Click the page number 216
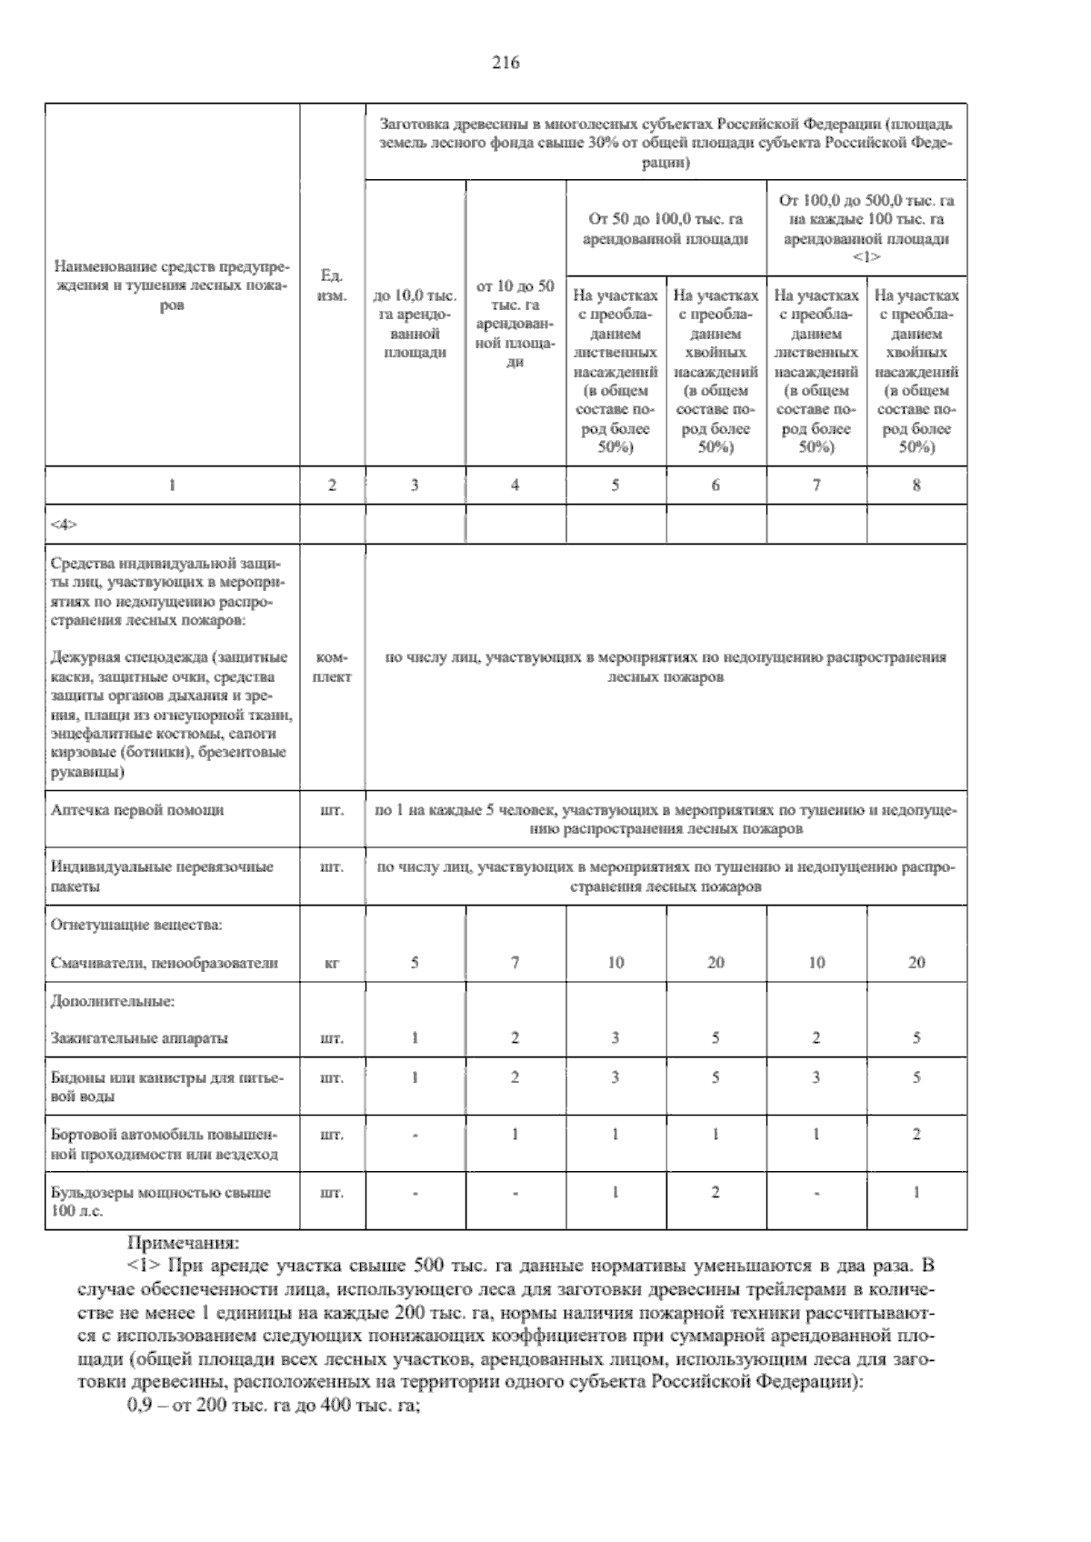(x=505, y=63)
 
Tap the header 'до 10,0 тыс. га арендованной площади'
(x=415, y=324)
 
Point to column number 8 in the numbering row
(x=916, y=486)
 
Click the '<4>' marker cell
(x=65, y=525)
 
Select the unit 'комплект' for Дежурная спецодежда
(x=332, y=666)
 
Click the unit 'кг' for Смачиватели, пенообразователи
(x=332, y=963)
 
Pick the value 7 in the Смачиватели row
(x=515, y=963)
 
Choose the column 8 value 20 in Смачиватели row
(x=916, y=963)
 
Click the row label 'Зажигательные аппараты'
(x=139, y=1038)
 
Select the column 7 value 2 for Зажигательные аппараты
(x=816, y=1038)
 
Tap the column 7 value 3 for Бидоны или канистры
(x=816, y=1078)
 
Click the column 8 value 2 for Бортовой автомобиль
(x=916, y=1135)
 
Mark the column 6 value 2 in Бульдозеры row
(x=716, y=1192)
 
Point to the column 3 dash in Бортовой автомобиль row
(x=415, y=1135)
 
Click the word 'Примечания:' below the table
(x=184, y=1242)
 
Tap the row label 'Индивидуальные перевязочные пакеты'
(x=163, y=876)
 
